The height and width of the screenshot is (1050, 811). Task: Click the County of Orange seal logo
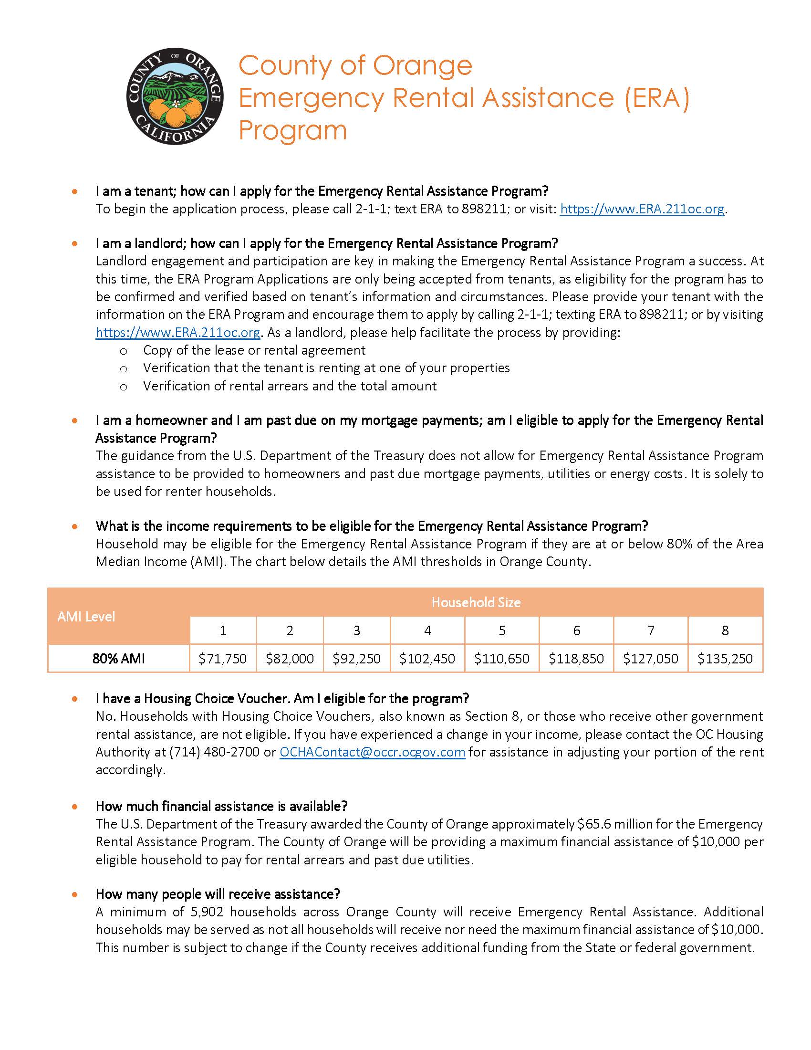click(175, 95)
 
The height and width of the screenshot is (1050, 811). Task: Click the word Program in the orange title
click(292, 130)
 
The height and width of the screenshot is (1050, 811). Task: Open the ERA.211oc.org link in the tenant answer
click(642, 209)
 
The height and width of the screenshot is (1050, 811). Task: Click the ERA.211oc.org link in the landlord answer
click(178, 333)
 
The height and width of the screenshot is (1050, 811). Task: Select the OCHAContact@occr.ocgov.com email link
click(373, 752)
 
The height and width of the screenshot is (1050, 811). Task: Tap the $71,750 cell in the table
click(223, 658)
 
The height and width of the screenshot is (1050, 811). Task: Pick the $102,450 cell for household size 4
click(427, 658)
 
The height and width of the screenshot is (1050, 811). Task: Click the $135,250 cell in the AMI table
click(725, 658)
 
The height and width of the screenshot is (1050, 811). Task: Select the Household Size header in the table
click(476, 602)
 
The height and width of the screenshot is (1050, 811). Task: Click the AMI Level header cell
click(86, 616)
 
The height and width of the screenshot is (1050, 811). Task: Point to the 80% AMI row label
click(118, 658)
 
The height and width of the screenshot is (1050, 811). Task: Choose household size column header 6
click(576, 630)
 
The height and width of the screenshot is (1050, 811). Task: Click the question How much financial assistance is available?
click(221, 806)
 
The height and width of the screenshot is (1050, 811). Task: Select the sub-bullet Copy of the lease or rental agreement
click(254, 350)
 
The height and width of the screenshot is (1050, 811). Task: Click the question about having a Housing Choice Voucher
click(282, 698)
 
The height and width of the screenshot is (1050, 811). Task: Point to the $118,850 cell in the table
click(576, 658)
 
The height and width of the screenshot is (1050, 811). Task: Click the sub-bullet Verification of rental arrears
click(290, 386)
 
